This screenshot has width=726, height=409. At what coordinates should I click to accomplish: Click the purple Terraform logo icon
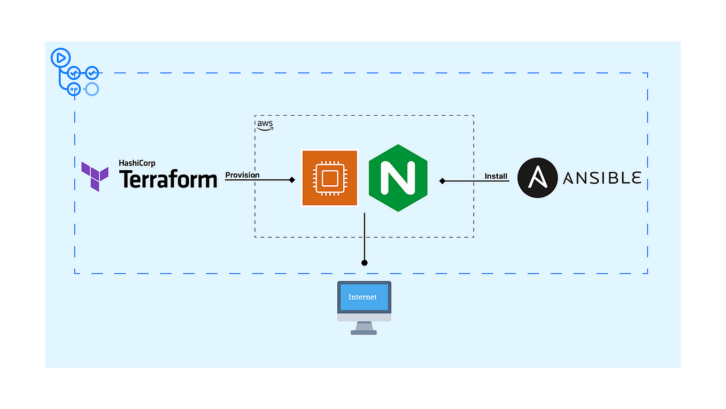(95, 176)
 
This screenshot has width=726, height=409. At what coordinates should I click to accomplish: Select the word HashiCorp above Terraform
(137, 163)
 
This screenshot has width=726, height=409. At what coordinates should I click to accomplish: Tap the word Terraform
(168, 179)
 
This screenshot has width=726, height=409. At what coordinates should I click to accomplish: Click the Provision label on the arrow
(242, 175)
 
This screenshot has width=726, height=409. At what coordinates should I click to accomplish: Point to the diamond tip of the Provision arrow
(292, 180)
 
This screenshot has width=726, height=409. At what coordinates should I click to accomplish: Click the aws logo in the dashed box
(265, 125)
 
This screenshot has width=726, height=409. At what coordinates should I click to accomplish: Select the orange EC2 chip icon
(330, 178)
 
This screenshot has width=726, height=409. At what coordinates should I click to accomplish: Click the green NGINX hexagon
(398, 178)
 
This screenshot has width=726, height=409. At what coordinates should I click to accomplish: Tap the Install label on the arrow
(496, 176)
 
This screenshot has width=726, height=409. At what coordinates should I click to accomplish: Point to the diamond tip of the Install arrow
(442, 181)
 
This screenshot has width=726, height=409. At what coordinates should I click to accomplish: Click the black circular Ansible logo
(537, 178)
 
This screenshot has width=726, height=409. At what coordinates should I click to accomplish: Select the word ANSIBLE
(601, 178)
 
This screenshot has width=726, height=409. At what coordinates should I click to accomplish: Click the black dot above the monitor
(365, 263)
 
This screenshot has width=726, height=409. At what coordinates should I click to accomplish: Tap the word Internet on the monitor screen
(362, 297)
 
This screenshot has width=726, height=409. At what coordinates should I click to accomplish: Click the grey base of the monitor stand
(364, 332)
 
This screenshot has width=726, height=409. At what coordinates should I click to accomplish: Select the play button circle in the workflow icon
(60, 56)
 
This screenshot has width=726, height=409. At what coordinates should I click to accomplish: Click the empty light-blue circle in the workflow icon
(92, 89)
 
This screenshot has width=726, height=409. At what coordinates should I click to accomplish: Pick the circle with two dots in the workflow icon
(74, 89)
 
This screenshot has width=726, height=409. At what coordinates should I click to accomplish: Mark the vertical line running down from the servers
(365, 236)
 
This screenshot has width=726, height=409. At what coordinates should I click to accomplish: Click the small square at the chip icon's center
(330, 178)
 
